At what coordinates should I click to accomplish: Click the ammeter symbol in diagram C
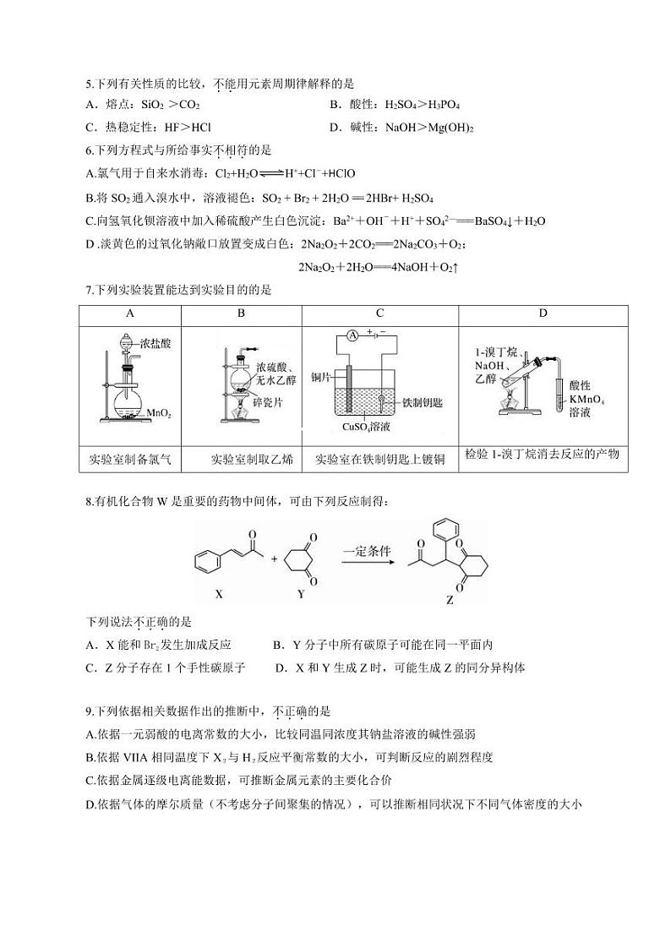click(x=351, y=335)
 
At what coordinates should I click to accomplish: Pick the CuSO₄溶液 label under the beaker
click(x=365, y=427)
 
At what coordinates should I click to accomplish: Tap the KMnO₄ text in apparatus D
click(x=587, y=399)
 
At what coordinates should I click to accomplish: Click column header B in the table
click(x=241, y=313)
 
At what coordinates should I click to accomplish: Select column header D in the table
click(x=543, y=313)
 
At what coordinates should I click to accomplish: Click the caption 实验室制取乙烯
click(x=252, y=460)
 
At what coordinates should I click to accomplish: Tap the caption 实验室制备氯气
click(x=130, y=460)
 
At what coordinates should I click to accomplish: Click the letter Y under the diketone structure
click(x=301, y=594)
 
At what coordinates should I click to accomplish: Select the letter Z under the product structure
click(x=450, y=602)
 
